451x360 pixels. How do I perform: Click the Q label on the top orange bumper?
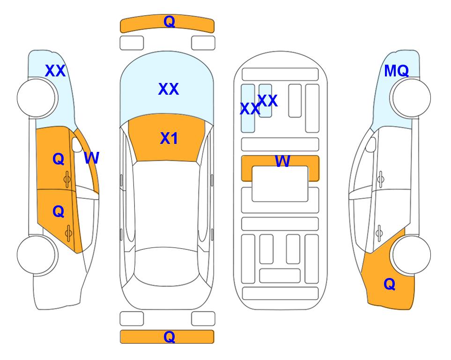169,22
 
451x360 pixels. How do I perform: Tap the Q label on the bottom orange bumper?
169,337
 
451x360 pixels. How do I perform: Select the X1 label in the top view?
169,138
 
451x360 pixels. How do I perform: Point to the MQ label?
396,71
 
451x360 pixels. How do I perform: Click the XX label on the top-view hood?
169,89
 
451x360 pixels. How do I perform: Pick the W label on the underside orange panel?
282,161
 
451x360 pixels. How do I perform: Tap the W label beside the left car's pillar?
91,158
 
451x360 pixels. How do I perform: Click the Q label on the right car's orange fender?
390,284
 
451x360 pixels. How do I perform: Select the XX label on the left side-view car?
55,71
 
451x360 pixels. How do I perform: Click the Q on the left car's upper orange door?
59,159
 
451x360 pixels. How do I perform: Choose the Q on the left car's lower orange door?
59,212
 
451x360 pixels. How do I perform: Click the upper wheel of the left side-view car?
36,98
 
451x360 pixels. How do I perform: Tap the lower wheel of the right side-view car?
411,255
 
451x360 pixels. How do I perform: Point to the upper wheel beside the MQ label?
411,98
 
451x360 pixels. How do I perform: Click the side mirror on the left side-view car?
77,145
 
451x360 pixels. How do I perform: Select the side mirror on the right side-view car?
371,145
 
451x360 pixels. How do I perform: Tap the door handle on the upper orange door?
67,179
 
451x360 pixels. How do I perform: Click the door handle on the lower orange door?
68,233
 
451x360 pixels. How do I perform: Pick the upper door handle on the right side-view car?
380,179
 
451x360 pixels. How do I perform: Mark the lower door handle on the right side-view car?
379,233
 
